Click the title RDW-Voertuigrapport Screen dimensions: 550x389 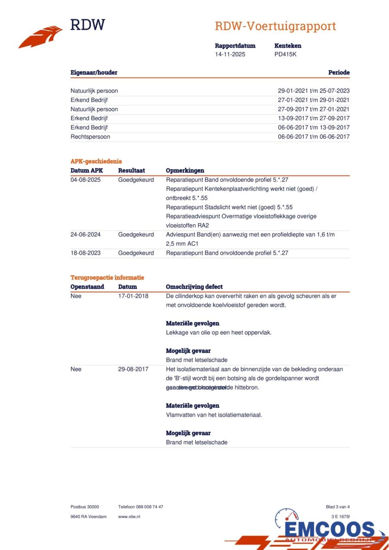(275, 26)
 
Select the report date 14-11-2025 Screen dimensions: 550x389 (230, 54)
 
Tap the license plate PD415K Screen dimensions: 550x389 (285, 54)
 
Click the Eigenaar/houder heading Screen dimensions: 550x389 (94, 73)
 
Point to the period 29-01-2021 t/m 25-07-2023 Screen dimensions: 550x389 (313, 91)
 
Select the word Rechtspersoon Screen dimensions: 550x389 (90, 137)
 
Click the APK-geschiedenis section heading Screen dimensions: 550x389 (96, 162)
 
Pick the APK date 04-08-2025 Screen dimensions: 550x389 (86, 180)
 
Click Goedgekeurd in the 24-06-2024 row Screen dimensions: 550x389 (136, 234)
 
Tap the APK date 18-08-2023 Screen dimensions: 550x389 (86, 253)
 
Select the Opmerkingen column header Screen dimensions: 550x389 (185, 171)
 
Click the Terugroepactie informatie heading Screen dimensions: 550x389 (107, 278)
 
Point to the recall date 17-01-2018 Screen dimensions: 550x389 (133, 296)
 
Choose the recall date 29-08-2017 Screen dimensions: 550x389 (133, 369)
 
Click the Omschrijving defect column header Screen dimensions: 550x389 (194, 287)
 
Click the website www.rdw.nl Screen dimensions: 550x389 (129, 516)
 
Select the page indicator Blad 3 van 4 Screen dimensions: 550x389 (338, 507)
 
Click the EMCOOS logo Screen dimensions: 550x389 (329, 530)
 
